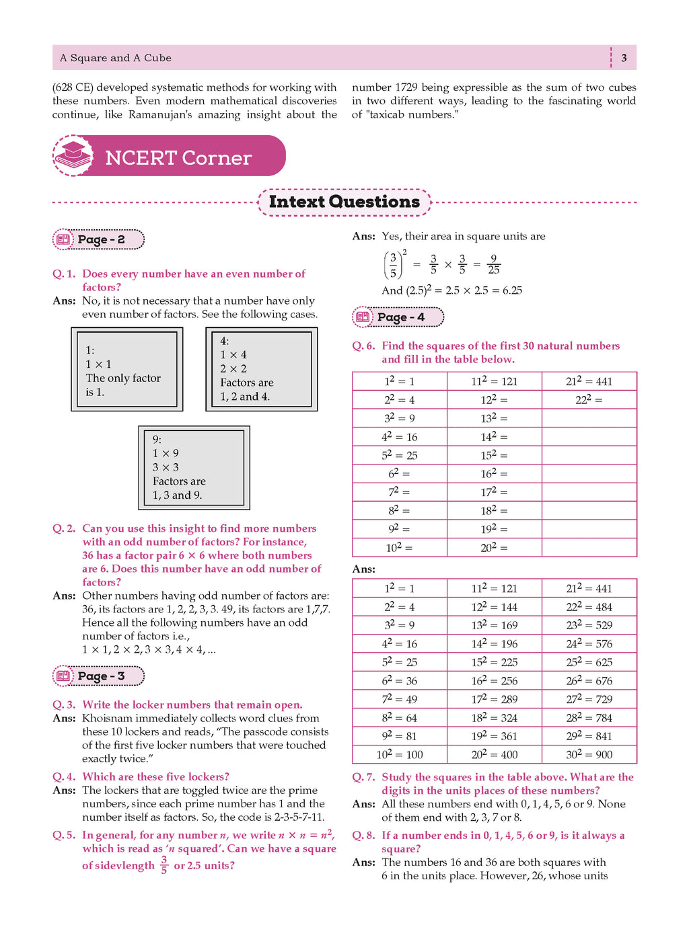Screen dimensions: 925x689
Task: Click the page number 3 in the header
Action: pos(624,58)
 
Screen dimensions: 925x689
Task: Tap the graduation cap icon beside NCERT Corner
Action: pos(73,155)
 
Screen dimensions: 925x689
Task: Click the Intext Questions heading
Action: pos(344,202)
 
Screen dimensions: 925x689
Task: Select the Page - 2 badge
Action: pos(99,239)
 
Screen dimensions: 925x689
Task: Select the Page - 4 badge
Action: pos(398,317)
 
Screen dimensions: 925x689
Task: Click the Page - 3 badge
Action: pos(99,676)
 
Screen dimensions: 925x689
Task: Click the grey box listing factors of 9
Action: pos(194,467)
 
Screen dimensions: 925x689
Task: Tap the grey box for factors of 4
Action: pos(261,369)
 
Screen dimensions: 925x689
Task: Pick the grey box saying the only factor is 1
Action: pos(127,369)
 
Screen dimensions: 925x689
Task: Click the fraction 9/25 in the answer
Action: pos(494,264)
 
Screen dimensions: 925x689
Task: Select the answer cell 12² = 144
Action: pos(494,607)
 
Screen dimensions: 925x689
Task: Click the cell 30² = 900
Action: pos(589,754)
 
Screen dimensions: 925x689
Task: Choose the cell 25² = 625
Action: pos(589,662)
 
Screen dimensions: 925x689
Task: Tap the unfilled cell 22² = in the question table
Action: pos(589,400)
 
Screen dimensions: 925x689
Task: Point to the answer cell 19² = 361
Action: pos(494,736)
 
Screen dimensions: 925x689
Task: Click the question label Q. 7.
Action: pos(364,777)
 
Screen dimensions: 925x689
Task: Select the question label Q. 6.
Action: pos(364,346)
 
